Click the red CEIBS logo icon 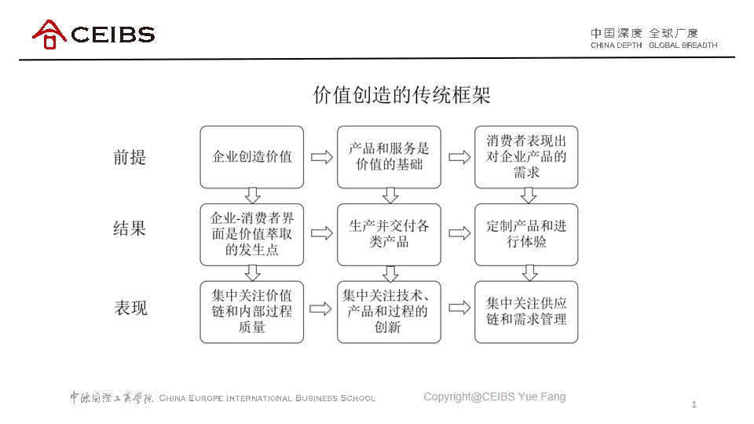click(x=49, y=34)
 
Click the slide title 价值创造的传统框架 click(x=401, y=95)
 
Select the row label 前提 click(x=130, y=157)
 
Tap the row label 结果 click(x=130, y=228)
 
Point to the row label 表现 click(x=130, y=308)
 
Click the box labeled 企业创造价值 click(x=252, y=157)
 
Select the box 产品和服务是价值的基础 click(x=389, y=157)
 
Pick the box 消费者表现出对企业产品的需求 click(x=526, y=157)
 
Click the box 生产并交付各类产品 click(x=389, y=234)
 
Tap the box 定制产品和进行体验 click(x=526, y=234)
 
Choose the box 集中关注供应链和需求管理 click(x=526, y=312)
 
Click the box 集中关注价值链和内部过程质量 click(x=252, y=312)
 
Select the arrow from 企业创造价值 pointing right click(x=322, y=157)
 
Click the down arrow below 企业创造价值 click(x=252, y=196)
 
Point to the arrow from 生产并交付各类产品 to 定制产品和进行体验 click(x=459, y=233)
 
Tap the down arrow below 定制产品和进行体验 click(x=529, y=272)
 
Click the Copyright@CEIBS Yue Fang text click(x=494, y=397)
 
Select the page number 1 click(x=694, y=404)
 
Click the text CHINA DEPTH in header click(x=616, y=46)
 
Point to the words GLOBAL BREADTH click(x=683, y=46)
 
